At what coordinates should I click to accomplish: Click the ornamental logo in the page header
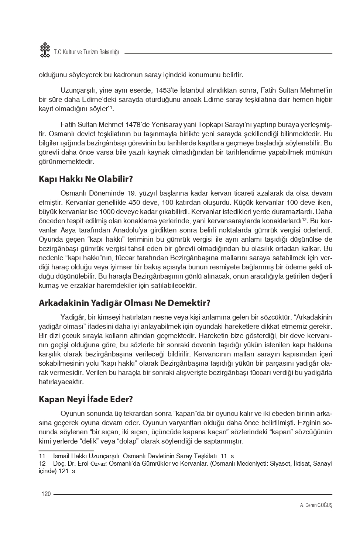[45, 50]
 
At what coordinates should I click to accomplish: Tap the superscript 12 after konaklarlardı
[305, 220]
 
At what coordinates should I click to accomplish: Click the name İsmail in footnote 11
[61, 456]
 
